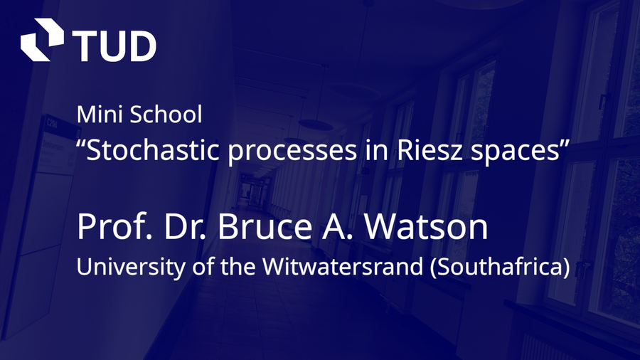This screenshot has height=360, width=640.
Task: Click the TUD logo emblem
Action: [42, 40]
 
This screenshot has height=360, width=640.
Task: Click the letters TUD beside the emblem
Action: [114, 46]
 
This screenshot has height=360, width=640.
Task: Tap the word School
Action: [166, 115]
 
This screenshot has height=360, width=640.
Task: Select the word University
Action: [131, 268]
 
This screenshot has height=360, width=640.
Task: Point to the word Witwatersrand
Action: [343, 266]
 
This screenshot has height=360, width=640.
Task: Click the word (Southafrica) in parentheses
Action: [500, 267]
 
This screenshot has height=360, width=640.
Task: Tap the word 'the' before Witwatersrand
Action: [238, 266]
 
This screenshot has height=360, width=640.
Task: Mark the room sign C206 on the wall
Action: [52, 122]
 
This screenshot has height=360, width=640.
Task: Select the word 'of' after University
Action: [203, 266]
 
